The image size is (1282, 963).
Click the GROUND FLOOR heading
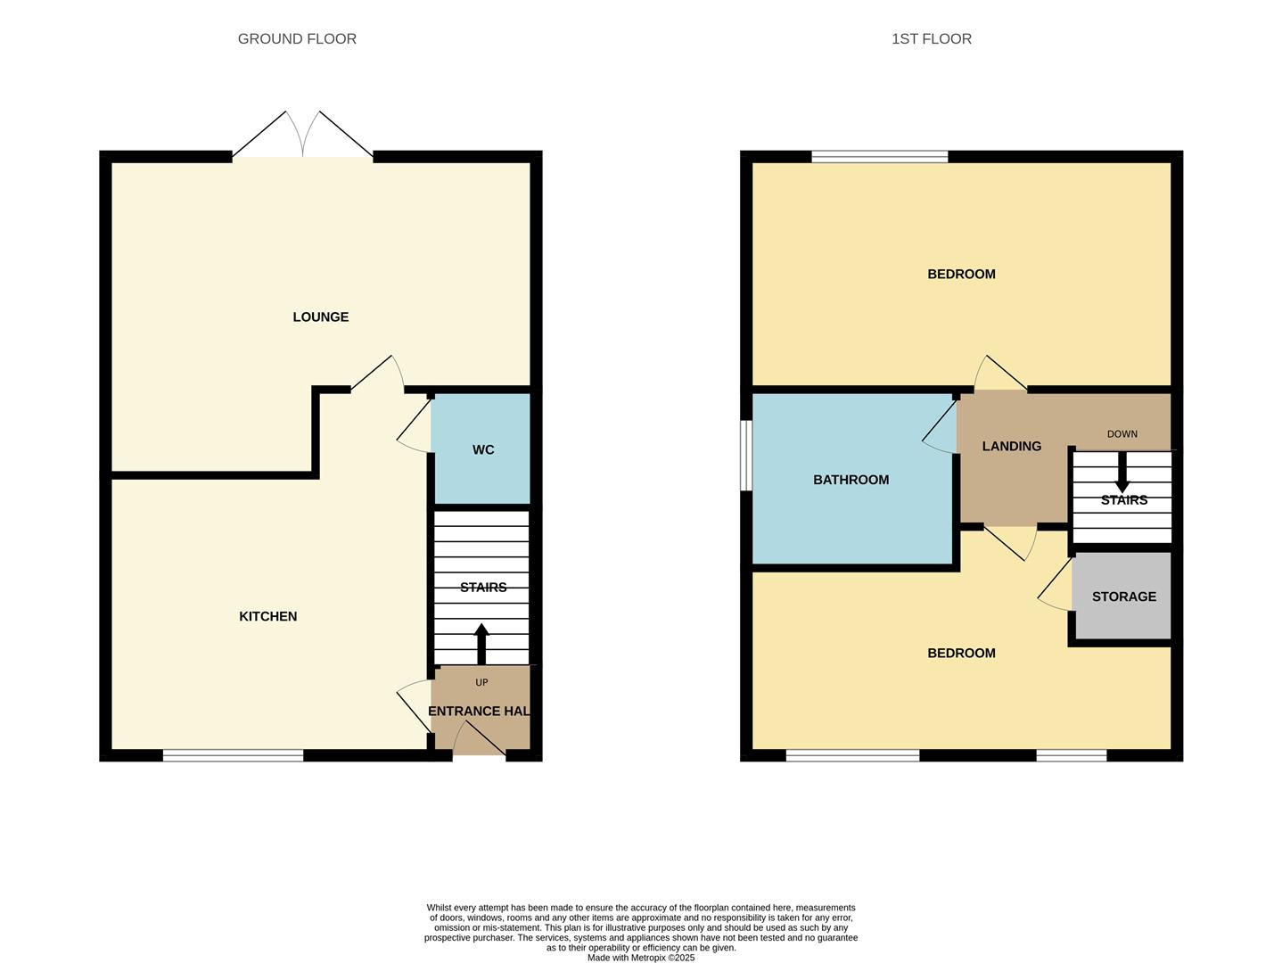pyautogui.click(x=297, y=39)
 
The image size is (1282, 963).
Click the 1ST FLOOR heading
pyautogui.click(x=931, y=39)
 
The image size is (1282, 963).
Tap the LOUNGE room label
pyautogui.click(x=320, y=317)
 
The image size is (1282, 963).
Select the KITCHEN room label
pyautogui.click(x=267, y=617)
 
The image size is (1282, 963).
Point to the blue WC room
pyautogui.click(x=482, y=449)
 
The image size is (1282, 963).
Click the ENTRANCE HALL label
pyautogui.click(x=481, y=712)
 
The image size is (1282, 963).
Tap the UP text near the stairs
pyautogui.click(x=481, y=683)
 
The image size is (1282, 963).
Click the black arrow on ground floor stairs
pyautogui.click(x=481, y=642)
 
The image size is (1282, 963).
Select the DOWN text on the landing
pyautogui.click(x=1122, y=434)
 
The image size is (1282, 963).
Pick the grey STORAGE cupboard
pyautogui.click(x=1123, y=597)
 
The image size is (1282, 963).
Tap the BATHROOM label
pyautogui.click(x=851, y=481)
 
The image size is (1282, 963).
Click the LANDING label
pyautogui.click(x=1011, y=447)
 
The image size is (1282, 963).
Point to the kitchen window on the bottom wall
pyautogui.click(x=233, y=756)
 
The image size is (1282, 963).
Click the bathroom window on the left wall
pyautogui.click(x=746, y=455)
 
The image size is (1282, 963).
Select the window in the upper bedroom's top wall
pyautogui.click(x=879, y=157)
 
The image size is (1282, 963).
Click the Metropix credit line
pyautogui.click(x=640, y=958)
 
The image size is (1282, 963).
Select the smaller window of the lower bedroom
pyautogui.click(x=1071, y=756)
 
